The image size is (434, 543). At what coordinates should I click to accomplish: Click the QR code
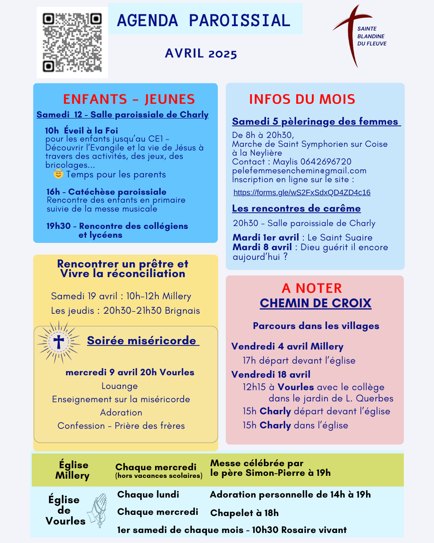tap(72, 42)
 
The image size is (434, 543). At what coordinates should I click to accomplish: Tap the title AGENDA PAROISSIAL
tap(204, 20)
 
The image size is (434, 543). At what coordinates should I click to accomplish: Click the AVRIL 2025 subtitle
tap(201, 53)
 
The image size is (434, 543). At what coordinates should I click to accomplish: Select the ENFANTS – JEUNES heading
tap(129, 99)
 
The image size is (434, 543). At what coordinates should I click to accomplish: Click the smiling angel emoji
tap(58, 174)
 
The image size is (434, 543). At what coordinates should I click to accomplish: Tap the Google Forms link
tap(302, 192)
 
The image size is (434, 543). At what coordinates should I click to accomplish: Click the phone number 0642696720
tap(326, 162)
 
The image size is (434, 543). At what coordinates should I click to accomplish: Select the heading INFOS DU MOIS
tap(302, 99)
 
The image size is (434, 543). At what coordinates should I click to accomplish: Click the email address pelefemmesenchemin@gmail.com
tap(299, 171)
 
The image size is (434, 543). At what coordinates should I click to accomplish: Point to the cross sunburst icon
tap(59, 342)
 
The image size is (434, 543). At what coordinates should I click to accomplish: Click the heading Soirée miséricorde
tap(142, 340)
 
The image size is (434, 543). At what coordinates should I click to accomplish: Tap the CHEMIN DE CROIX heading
tap(315, 303)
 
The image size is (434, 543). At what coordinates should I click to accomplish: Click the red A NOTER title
tap(312, 288)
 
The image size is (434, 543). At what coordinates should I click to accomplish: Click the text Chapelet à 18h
tap(244, 513)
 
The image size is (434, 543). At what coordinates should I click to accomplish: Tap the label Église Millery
tap(73, 470)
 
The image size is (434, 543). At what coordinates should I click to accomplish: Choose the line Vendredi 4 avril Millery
tap(287, 346)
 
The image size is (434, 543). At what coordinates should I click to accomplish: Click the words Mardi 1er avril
tap(266, 237)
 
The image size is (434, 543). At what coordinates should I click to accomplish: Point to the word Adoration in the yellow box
tap(121, 412)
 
